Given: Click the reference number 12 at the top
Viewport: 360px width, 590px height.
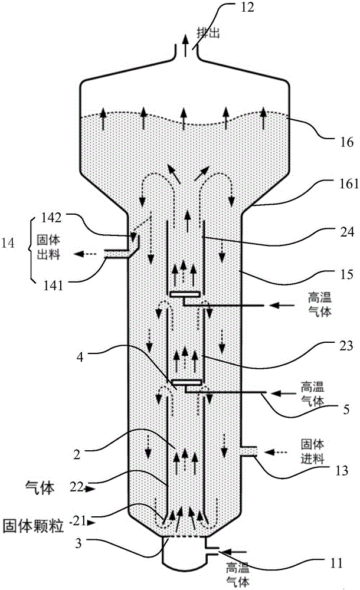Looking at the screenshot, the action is [x=247, y=8].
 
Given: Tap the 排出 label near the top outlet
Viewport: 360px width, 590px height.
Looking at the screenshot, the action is [x=208, y=33].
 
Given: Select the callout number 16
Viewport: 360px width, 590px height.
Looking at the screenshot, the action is [x=346, y=143].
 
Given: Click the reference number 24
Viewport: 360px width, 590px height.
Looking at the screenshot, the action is [x=347, y=232].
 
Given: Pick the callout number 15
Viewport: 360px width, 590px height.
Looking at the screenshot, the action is [x=346, y=274].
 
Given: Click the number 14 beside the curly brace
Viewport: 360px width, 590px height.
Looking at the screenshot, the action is [x=8, y=243].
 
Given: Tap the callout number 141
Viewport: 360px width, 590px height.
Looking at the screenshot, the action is [x=52, y=286].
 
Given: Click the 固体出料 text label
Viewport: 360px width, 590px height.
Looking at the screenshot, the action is [x=48, y=247].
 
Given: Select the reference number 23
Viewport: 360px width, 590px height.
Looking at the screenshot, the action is [x=346, y=346].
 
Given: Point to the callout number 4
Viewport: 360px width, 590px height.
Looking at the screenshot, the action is [x=80, y=356].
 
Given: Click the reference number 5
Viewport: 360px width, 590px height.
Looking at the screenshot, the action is [x=346, y=409].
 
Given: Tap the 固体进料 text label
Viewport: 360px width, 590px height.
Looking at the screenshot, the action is [x=312, y=451].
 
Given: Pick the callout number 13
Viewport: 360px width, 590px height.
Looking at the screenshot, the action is [x=341, y=471].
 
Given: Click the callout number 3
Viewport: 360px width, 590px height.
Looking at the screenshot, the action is [x=78, y=543].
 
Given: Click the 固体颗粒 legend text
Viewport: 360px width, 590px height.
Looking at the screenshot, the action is [x=33, y=526].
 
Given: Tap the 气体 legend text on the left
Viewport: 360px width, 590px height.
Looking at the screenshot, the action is [x=39, y=488].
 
